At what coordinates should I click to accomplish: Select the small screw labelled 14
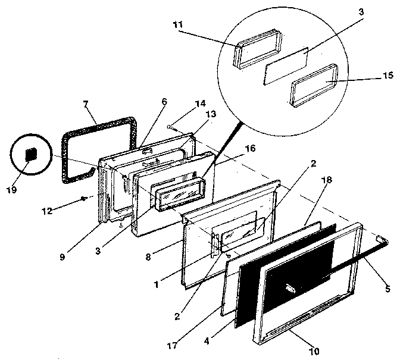tap(171, 126)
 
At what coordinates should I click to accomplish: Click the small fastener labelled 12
tap(85, 198)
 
